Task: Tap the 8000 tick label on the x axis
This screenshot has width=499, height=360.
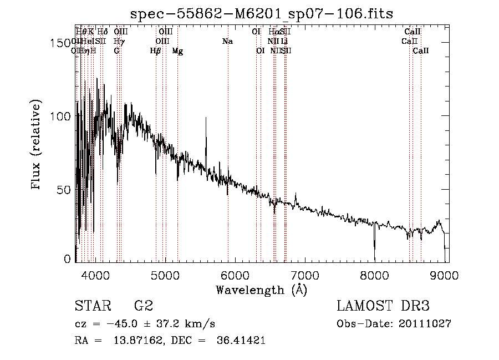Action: pyautogui.click(x=375, y=275)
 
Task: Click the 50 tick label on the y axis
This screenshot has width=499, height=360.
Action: pyautogui.click(x=63, y=190)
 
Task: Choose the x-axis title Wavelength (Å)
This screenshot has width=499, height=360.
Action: pyautogui.click(x=262, y=290)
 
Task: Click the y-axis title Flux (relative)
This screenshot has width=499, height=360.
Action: pyautogui.click(x=37, y=145)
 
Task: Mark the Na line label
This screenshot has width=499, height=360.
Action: pyautogui.click(x=227, y=42)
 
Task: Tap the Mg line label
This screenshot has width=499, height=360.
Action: pyautogui.click(x=177, y=51)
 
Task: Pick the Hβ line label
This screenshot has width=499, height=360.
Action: pyautogui.click(x=156, y=51)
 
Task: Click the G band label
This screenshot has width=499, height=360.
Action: pyautogui.click(x=116, y=51)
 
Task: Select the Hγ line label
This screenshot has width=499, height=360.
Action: pyautogui.click(x=119, y=42)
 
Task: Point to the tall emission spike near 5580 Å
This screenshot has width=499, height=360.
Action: pyautogui.click(x=206, y=119)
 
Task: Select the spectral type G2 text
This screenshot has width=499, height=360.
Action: pyautogui.click(x=143, y=306)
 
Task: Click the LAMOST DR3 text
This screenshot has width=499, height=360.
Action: pyautogui.click(x=383, y=306)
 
